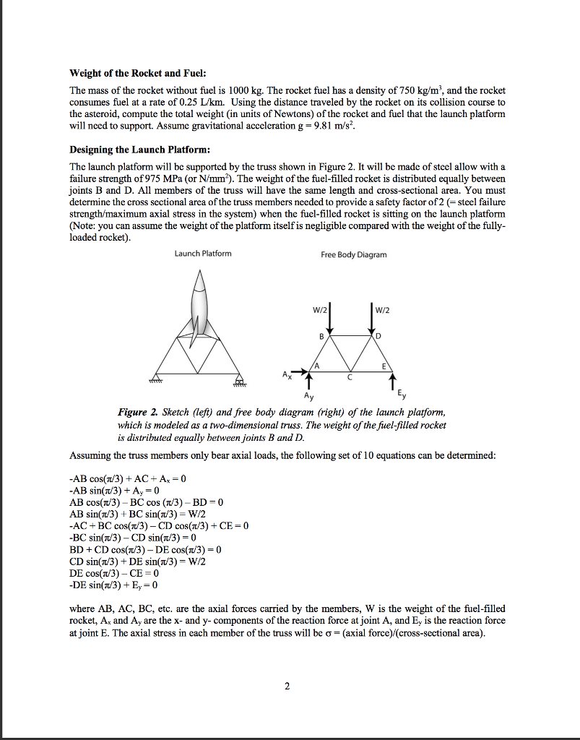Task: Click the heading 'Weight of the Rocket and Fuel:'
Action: point(137,74)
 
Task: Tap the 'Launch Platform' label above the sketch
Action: point(203,253)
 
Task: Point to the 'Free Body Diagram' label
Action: point(354,254)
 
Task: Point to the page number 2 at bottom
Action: point(287,686)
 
